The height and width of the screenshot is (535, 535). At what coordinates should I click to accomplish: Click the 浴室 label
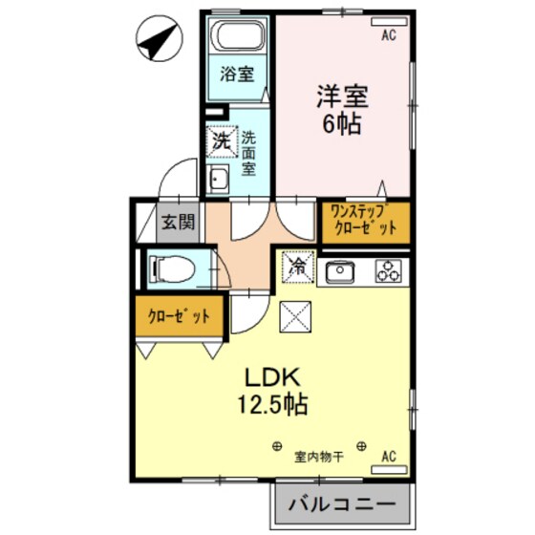coord(238,74)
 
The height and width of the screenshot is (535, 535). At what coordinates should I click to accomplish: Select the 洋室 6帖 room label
coord(342,110)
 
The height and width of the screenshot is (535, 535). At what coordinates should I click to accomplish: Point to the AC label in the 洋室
coord(388,36)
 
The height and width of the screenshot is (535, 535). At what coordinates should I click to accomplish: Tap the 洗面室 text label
coord(248,153)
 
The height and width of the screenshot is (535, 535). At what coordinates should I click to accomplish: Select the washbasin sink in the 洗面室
coord(219,179)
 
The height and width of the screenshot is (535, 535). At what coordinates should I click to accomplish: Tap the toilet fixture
coord(173,269)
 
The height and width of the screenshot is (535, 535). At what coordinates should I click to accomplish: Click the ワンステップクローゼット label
coord(363,222)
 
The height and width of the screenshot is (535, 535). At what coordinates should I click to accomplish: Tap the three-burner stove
coord(390,271)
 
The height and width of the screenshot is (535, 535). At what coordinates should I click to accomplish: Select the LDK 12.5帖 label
coord(272,390)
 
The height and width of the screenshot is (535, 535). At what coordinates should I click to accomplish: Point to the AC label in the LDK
coord(388,456)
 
